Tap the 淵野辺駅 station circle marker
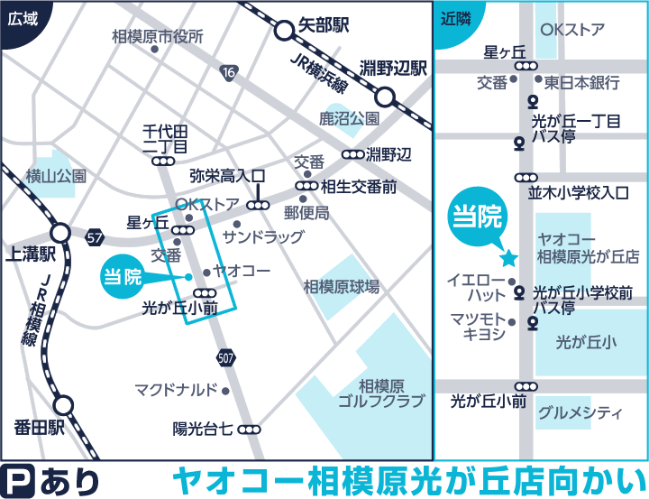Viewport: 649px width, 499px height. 385,97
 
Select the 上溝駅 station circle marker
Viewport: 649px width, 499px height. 60,232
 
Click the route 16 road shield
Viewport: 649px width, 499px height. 231,72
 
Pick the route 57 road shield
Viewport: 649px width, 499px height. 96,237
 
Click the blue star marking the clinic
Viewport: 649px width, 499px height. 508,258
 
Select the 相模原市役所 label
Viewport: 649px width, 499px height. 158,37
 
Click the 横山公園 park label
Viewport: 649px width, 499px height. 56,176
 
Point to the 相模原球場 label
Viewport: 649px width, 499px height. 341,287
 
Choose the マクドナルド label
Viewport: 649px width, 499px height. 176,390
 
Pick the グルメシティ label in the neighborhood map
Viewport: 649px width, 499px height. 580,413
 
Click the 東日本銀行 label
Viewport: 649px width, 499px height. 581,83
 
